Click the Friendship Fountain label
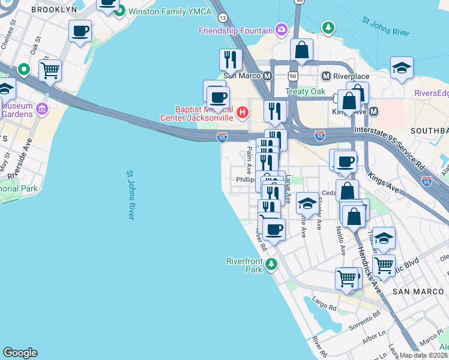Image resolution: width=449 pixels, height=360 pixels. (x=236, y=30)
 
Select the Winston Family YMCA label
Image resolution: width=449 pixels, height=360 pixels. (x=163, y=11)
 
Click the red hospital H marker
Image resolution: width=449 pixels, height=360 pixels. (x=243, y=112)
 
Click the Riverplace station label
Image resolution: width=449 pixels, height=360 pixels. (x=354, y=76)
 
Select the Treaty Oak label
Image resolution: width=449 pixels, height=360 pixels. (x=305, y=91)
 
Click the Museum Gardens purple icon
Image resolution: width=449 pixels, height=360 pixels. (x=42, y=109)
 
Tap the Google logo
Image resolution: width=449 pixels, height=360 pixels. (x=20, y=353)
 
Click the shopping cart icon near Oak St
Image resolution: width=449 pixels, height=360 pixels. (x=50, y=70)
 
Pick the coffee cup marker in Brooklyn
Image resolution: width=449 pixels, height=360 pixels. (x=80, y=31)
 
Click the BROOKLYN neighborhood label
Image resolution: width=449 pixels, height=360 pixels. (x=54, y=10)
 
